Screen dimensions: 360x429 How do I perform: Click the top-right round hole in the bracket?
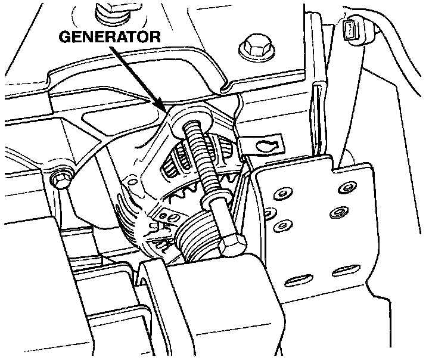tap(344, 189)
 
